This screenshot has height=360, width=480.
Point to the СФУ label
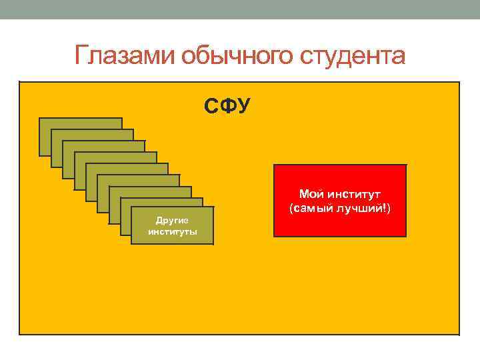coord(227,105)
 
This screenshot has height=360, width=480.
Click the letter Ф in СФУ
coord(227,105)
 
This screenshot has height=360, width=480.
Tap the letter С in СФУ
coord(211,105)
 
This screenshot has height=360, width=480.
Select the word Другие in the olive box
coord(173,220)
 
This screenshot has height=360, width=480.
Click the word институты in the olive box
coord(173,232)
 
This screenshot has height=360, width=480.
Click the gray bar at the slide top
coord(240,9)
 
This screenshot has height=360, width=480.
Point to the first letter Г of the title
coord(81,56)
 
